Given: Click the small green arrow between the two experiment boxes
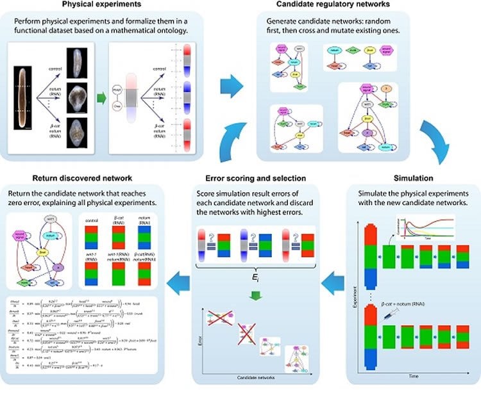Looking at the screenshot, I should click(101, 97).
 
